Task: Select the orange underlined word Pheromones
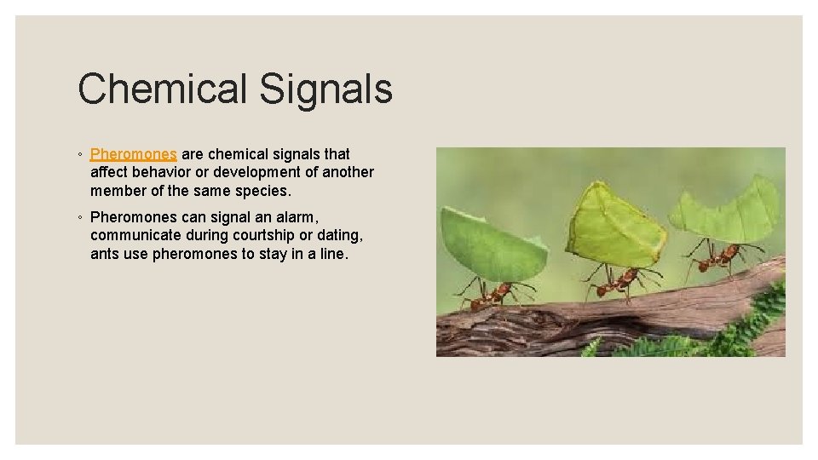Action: tap(134, 154)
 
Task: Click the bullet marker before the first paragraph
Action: tap(79, 155)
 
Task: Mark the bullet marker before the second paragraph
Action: tap(79, 218)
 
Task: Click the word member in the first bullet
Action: tap(117, 190)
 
